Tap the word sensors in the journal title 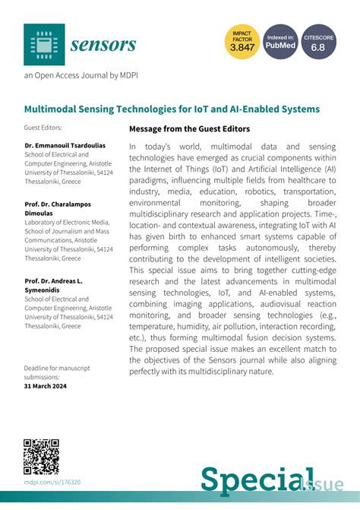tap(103, 44)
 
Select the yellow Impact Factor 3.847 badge tap(242, 43)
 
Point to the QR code tap(42, 457)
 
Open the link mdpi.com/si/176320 tap(52, 482)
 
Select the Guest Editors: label tap(43, 128)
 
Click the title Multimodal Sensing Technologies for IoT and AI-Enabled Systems tap(172, 109)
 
